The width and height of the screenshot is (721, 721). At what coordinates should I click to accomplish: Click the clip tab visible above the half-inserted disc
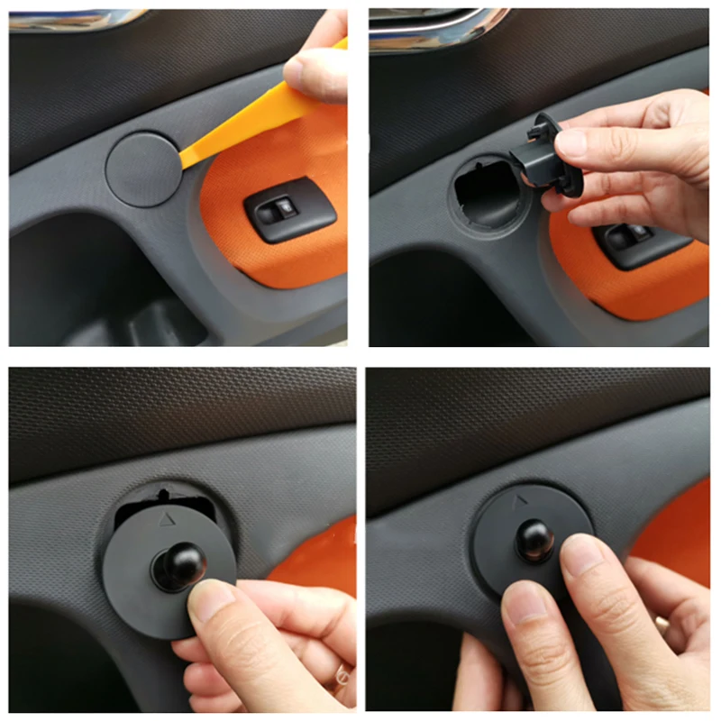163,495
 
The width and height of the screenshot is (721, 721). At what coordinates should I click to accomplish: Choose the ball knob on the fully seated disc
534,537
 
